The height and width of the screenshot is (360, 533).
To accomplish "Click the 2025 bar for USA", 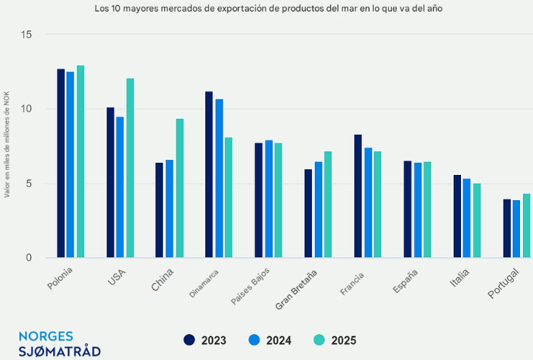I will pyautogui.click(x=130, y=168).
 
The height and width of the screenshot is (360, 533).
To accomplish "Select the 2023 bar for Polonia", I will pyautogui.click(x=61, y=163).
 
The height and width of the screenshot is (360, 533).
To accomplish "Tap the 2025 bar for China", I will pyautogui.click(x=179, y=188).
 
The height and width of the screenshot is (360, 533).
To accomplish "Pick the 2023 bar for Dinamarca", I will pyautogui.click(x=209, y=174).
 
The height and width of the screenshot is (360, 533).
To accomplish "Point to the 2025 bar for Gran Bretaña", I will pyautogui.click(x=328, y=204).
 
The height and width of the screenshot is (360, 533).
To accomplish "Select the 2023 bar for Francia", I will pyautogui.click(x=358, y=196).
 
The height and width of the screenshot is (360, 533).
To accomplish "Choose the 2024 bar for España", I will pyautogui.click(x=417, y=210).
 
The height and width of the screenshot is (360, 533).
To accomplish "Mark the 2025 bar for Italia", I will pyautogui.click(x=477, y=220).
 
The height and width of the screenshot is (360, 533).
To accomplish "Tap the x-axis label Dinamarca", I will pyautogui.click(x=205, y=282).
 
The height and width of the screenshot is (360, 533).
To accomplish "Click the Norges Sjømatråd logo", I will pyautogui.click(x=59, y=343).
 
